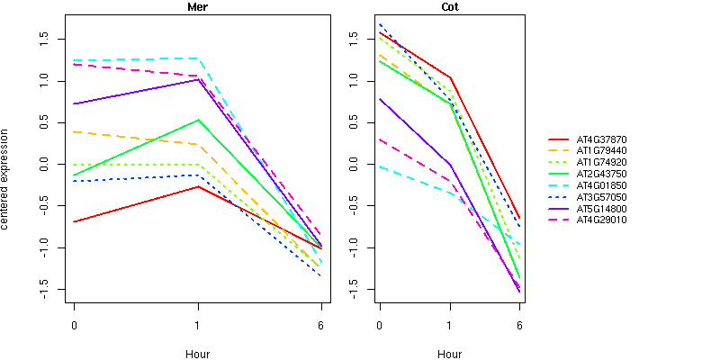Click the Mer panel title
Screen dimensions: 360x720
(x=197, y=7)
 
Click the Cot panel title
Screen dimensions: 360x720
(x=449, y=7)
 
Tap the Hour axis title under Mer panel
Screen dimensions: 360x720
(x=197, y=354)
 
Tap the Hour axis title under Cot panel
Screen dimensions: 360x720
(x=449, y=354)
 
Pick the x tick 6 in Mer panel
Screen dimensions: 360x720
(x=321, y=325)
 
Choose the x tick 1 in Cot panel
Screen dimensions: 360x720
(x=449, y=325)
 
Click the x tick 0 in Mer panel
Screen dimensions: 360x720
(x=74, y=325)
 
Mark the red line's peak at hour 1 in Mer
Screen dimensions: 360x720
(x=197, y=186)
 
